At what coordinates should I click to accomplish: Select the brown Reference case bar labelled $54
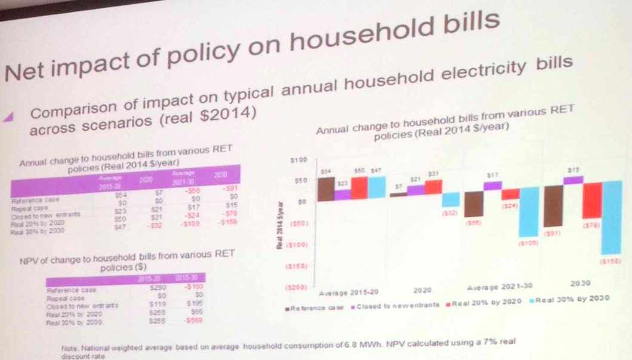(325, 188)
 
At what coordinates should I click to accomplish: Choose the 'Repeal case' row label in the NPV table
(66, 297)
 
